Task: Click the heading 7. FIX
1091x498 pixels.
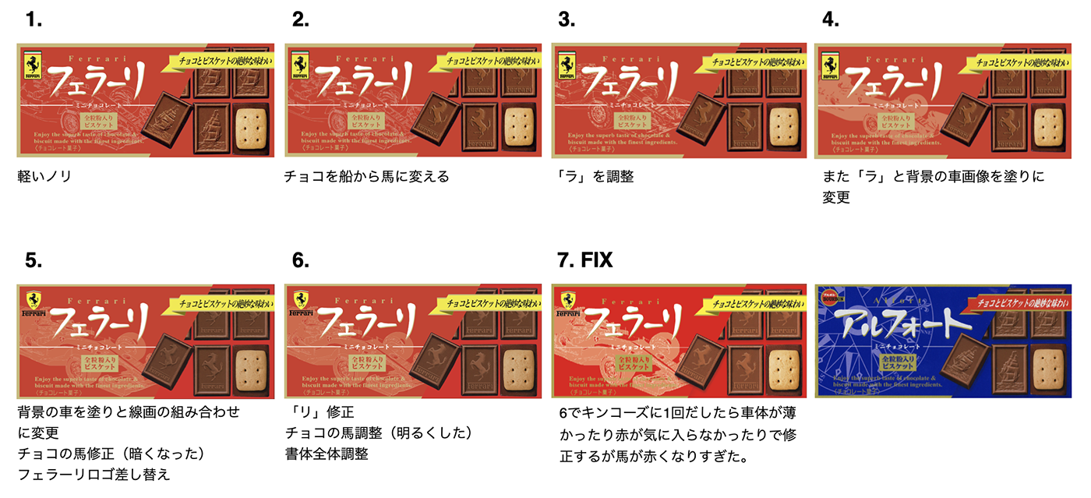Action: [x=585, y=261]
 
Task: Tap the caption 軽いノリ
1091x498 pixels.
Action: [x=44, y=177]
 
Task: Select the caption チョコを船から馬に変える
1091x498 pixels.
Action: [x=367, y=177]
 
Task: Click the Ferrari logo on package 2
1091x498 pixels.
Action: [x=300, y=65]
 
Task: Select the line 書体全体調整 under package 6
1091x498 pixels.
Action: [x=327, y=454]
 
